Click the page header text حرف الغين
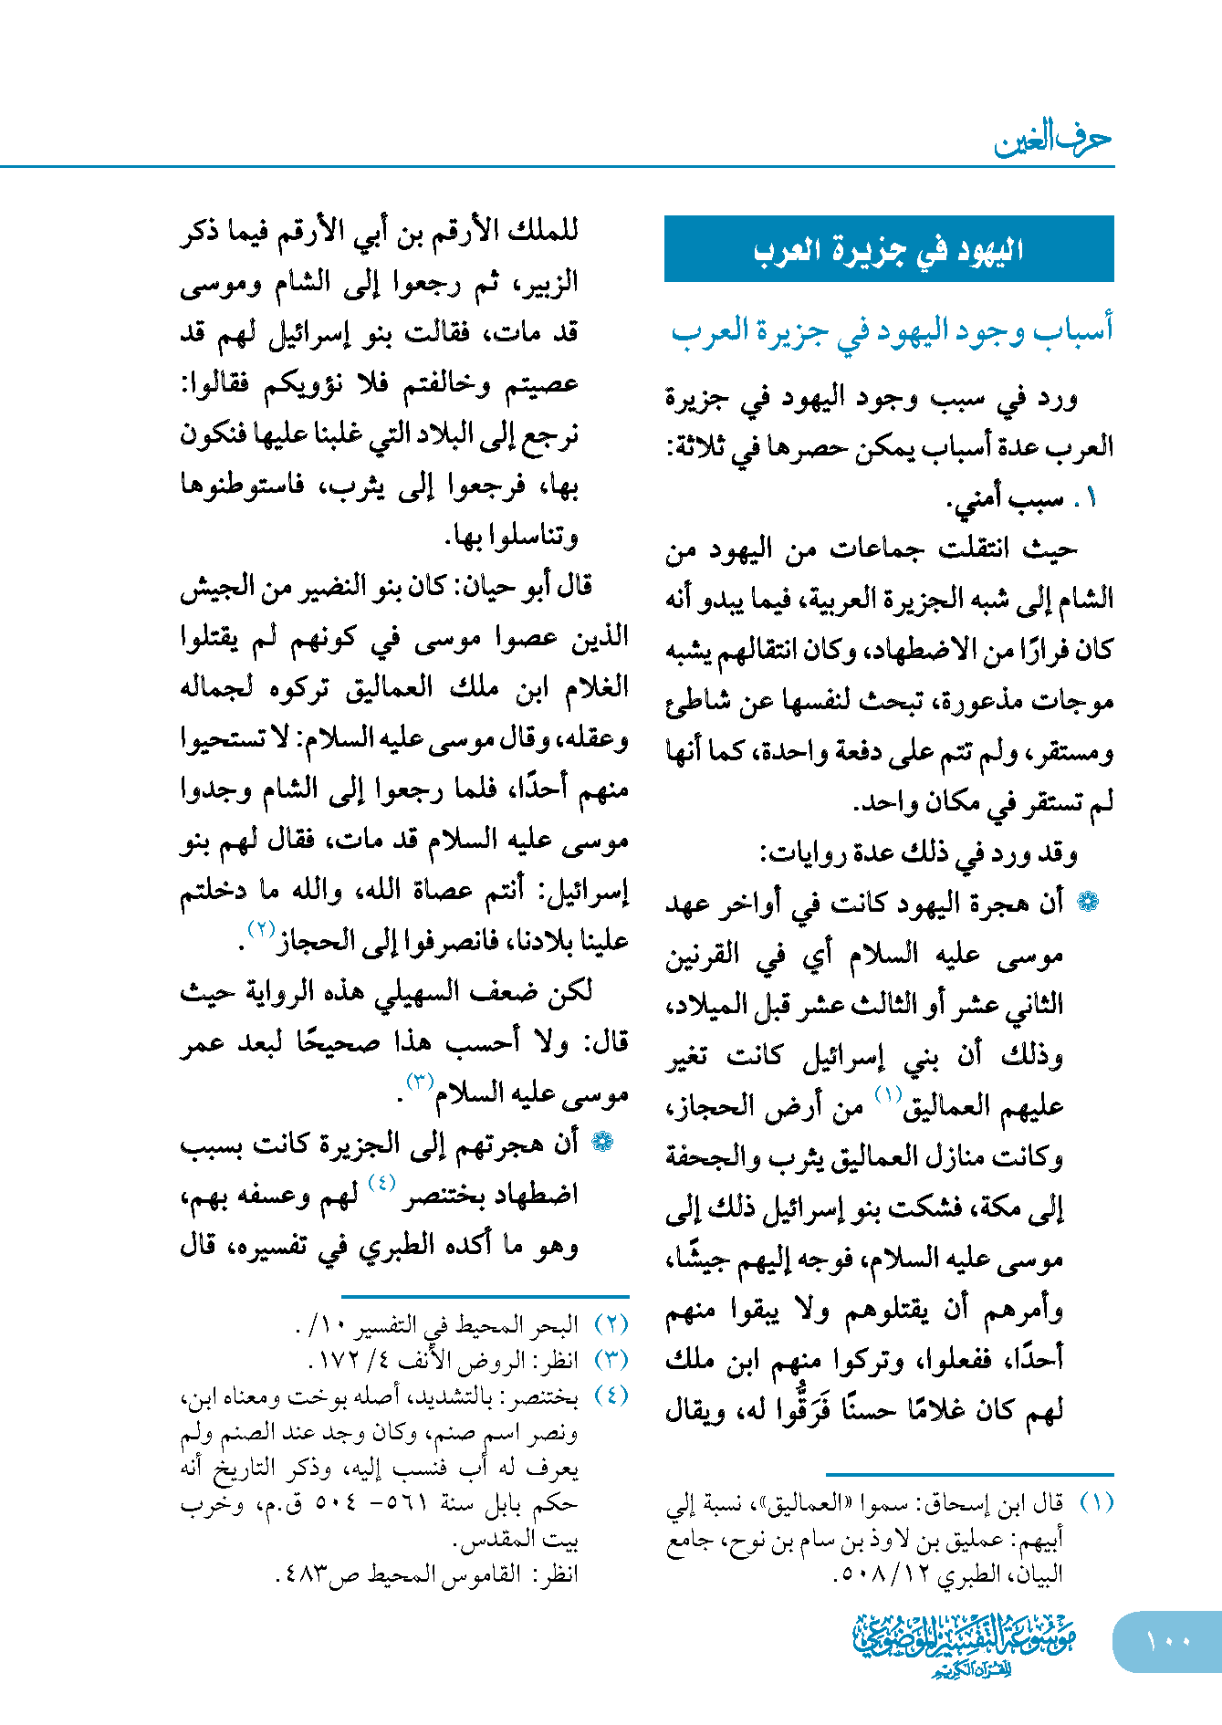(1052, 139)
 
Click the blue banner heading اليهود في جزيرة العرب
(888, 249)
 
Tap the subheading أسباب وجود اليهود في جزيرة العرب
(892, 329)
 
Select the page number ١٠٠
(1168, 1640)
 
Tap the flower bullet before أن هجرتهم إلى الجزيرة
(601, 1142)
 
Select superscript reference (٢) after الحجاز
(262, 929)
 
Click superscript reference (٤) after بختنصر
(381, 1184)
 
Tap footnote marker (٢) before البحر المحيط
(611, 1324)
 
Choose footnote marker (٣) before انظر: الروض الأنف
(611, 1360)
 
